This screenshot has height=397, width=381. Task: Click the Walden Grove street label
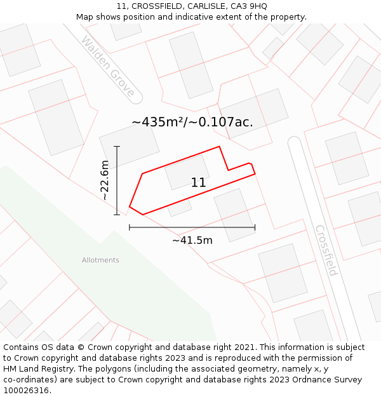click(108, 67)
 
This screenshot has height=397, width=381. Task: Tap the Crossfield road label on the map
click(326, 250)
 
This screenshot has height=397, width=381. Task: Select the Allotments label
click(100, 260)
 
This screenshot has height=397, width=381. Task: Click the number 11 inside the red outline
click(198, 183)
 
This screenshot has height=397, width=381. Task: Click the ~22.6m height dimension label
click(105, 181)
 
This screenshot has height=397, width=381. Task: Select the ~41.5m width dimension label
click(192, 240)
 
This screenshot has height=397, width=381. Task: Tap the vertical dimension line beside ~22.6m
click(117, 180)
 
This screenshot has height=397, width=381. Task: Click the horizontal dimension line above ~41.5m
click(192, 227)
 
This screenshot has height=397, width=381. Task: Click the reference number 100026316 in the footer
click(27, 391)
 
